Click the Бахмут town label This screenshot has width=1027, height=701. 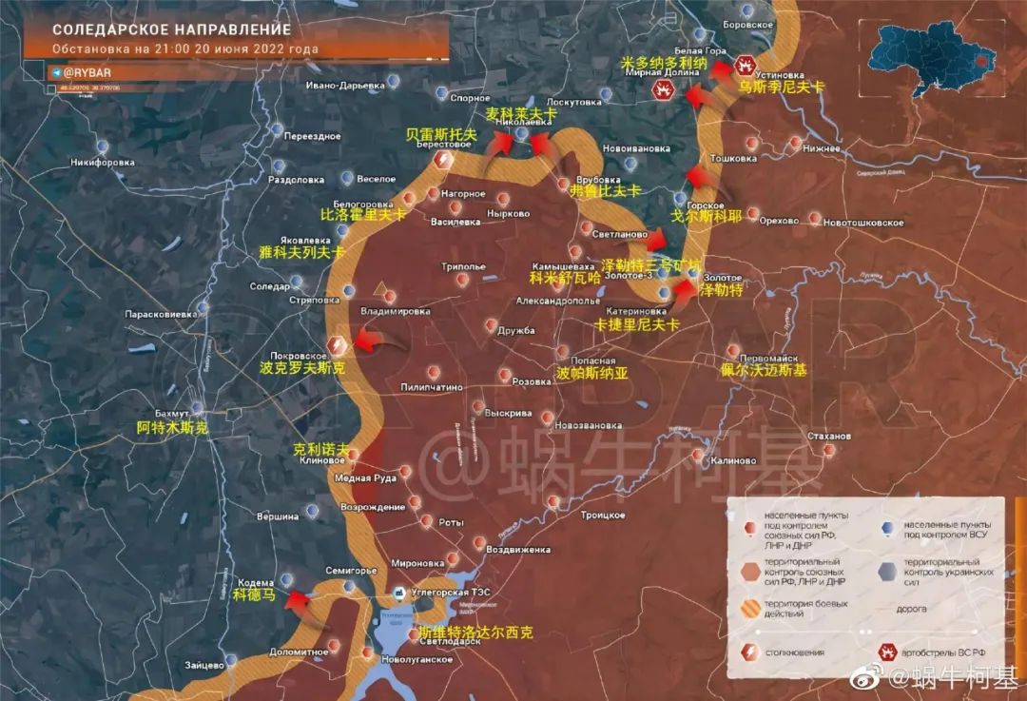click(x=171, y=414)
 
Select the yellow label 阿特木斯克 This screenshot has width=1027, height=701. click(x=172, y=428)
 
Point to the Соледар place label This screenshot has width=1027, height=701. click(x=269, y=286)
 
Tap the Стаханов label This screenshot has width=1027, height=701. click(x=826, y=436)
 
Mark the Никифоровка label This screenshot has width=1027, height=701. click(x=103, y=162)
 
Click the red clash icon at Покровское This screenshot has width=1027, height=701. click(x=337, y=345)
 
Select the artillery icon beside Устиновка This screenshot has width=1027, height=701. click(x=745, y=67)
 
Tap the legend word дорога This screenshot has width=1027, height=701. click(x=910, y=609)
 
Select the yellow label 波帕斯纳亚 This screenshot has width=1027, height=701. click(x=592, y=374)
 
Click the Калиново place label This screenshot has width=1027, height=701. click(x=732, y=461)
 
